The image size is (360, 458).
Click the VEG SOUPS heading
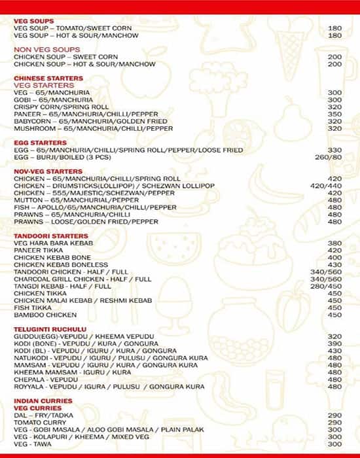[x=34, y=21]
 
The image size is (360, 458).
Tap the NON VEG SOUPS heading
[x=47, y=50]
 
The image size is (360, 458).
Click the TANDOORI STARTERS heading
[x=51, y=236]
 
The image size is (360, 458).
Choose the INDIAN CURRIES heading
[x=44, y=400]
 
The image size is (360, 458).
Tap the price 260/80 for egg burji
[x=328, y=157]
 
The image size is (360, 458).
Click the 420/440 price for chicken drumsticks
[x=326, y=186]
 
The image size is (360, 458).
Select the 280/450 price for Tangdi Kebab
[x=326, y=286]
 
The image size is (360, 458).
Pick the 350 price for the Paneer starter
[x=334, y=114]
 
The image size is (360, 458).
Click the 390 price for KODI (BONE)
[x=334, y=343]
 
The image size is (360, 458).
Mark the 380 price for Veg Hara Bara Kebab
[x=334, y=243]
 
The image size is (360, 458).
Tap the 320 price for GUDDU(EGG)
[x=334, y=336]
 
